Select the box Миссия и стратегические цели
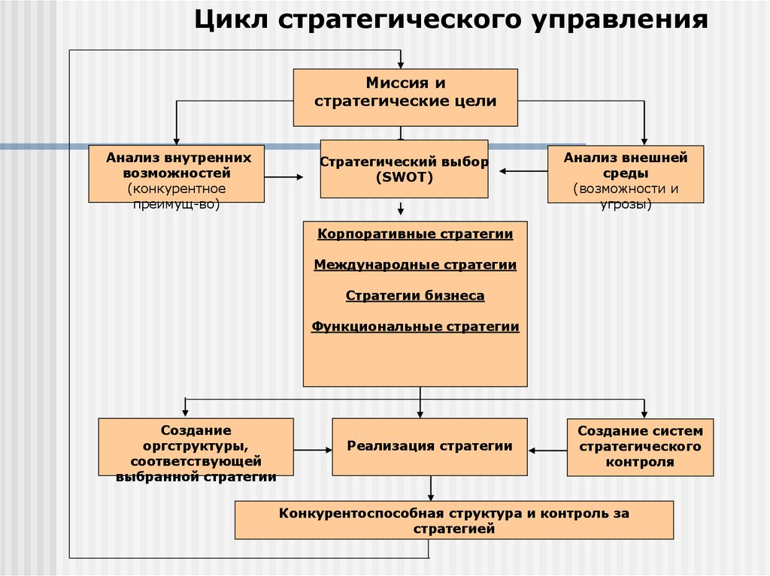(405, 97)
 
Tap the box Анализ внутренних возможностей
(176, 173)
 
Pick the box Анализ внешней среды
(625, 174)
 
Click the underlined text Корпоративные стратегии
(415, 234)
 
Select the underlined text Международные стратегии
(415, 265)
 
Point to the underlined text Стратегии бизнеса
(415, 296)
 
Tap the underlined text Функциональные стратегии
(415, 327)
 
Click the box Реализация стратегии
(429, 447)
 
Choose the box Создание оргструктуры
(196, 447)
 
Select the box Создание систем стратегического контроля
(640, 447)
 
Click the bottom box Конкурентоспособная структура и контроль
(453, 520)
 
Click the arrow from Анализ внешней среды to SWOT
(523, 171)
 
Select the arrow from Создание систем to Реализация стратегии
(547, 450)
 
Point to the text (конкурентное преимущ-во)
(176, 195)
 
